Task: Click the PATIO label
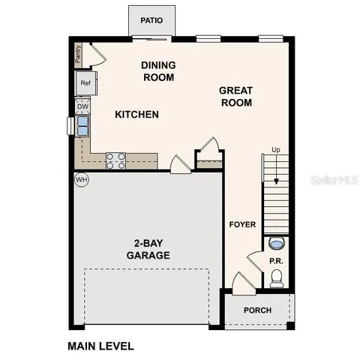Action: (151, 20)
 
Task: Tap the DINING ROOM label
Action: (157, 71)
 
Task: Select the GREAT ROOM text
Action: (235, 96)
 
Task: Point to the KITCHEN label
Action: (136, 115)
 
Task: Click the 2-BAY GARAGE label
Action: (148, 249)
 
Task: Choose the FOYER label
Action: (242, 224)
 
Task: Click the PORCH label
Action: (257, 310)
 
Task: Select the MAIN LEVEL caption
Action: (100, 346)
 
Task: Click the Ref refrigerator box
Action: (85, 83)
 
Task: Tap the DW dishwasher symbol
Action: (82, 107)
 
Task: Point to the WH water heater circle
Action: (81, 180)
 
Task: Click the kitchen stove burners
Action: (115, 160)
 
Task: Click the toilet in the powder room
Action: (275, 279)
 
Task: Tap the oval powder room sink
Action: (275, 244)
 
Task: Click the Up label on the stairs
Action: (275, 151)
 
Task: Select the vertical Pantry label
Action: (77, 53)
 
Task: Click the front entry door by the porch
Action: (241, 286)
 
